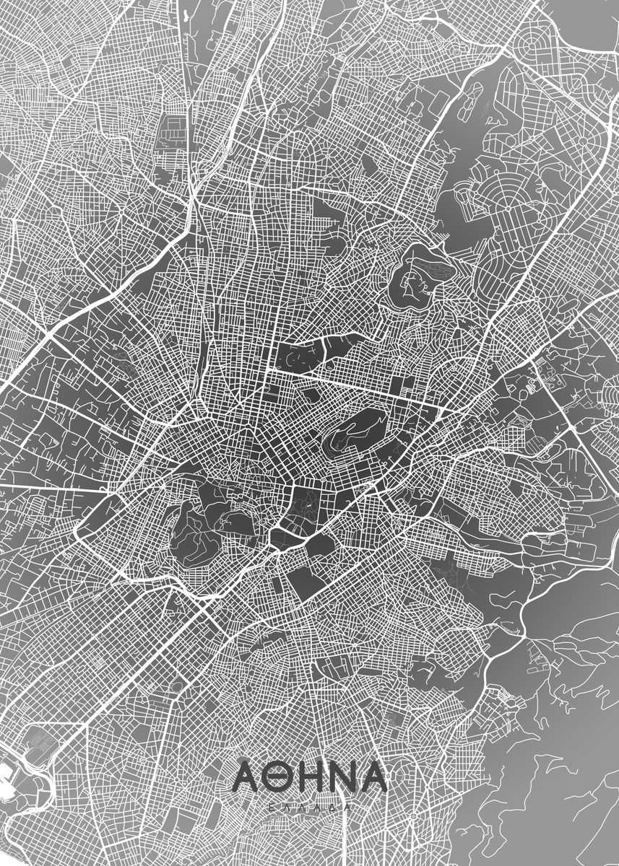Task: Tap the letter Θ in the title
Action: click(x=280, y=777)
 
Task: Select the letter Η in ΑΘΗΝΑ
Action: click(x=311, y=777)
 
